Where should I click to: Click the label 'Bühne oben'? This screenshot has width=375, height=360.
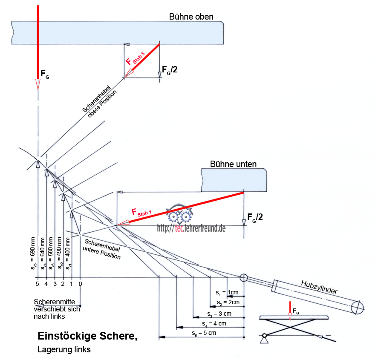[191, 17]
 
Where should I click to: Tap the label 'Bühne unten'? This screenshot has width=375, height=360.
[233, 164]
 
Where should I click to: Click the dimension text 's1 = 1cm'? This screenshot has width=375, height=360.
[228, 293]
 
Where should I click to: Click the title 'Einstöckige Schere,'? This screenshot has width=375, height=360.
[87, 336]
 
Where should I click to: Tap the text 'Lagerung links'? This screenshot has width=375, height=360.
[64, 350]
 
